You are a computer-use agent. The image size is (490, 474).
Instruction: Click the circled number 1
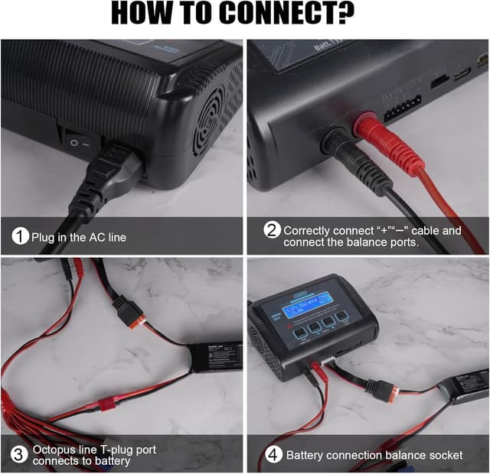click(20, 237)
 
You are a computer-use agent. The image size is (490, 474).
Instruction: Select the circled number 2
click(271, 230)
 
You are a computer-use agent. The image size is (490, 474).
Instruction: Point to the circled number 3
click(20, 455)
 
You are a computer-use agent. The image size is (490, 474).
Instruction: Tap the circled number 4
click(271, 455)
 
